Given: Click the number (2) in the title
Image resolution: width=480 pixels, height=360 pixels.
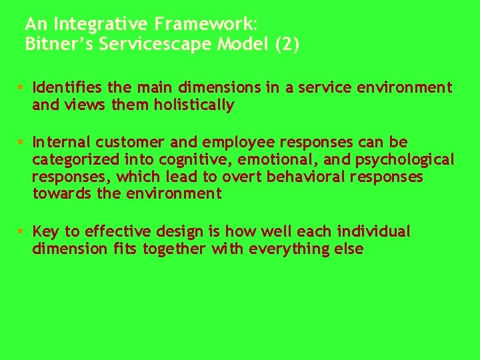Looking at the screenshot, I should [285, 45].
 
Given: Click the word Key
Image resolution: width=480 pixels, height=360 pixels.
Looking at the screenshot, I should [46, 231].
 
